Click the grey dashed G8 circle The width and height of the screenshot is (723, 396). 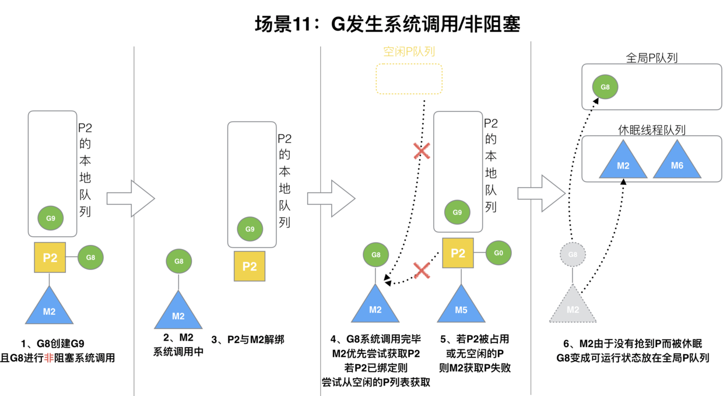point(573,254)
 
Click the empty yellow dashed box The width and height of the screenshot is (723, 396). point(409,79)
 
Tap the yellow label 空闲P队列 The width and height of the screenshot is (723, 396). point(409,51)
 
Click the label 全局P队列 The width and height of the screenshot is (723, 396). point(651,58)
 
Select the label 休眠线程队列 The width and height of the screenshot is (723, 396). point(651,130)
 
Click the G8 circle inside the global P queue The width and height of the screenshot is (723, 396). point(605,87)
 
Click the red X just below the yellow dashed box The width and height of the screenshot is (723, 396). point(422,152)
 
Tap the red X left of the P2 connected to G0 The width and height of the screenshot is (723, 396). point(422,270)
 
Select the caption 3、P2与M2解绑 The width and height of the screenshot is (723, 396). point(247,339)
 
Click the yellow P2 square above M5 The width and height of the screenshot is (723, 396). point(458,253)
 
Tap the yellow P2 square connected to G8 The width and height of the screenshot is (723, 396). point(50,257)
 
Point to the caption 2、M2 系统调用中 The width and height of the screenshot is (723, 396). point(178,345)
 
